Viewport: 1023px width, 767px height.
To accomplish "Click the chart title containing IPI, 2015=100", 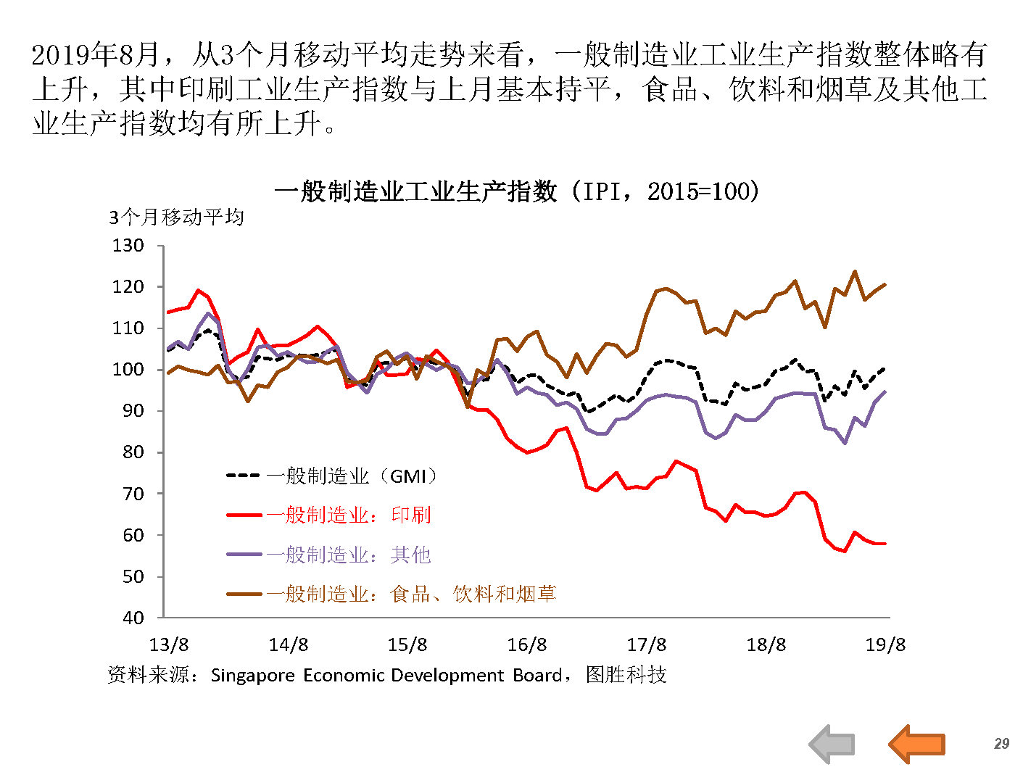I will pyautogui.click(x=517, y=191).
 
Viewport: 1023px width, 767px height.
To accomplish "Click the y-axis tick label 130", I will pyautogui.click(x=128, y=246).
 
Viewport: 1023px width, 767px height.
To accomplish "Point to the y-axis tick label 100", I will pyautogui.click(x=128, y=370).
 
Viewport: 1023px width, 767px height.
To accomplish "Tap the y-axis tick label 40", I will pyautogui.click(x=133, y=618).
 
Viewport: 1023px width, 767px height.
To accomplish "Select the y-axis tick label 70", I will pyautogui.click(x=133, y=494).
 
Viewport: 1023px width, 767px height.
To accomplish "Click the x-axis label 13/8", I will pyautogui.click(x=168, y=645).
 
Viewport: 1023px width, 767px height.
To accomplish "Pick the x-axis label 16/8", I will pyautogui.click(x=527, y=645).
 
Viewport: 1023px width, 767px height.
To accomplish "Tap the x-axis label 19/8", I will pyautogui.click(x=885, y=645).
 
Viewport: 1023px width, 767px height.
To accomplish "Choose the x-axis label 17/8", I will pyautogui.click(x=646, y=645).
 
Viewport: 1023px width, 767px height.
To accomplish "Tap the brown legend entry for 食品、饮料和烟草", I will pyautogui.click(x=392, y=594).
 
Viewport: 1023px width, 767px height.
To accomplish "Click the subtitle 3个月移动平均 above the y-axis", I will pyautogui.click(x=176, y=217).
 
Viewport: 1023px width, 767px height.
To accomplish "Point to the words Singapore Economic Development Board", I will pyautogui.click(x=386, y=676).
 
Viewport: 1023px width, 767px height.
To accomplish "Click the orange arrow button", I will pyautogui.click(x=916, y=743).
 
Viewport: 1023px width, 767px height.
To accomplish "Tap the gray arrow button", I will pyautogui.click(x=832, y=744).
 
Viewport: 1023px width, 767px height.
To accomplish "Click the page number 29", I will pyautogui.click(x=1001, y=744).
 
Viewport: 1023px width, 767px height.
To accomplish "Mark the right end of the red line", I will pyautogui.click(x=885, y=544).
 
